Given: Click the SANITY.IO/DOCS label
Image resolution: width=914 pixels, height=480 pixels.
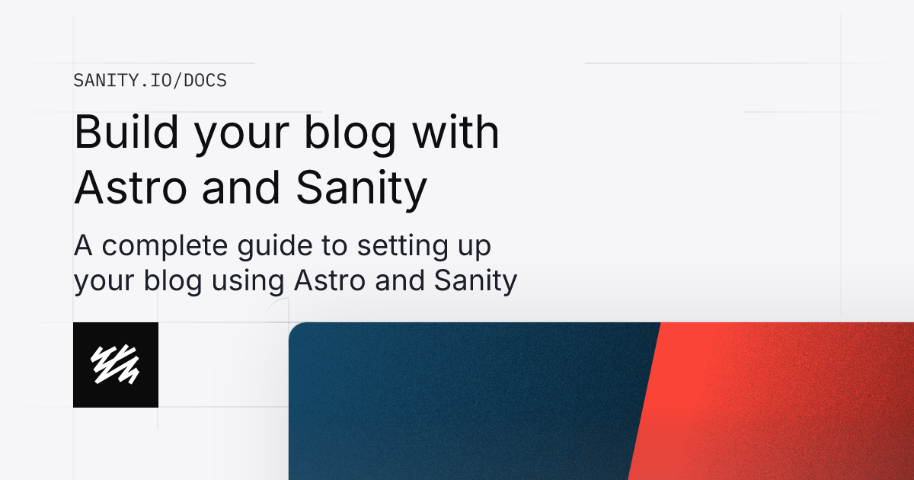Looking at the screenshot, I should pos(150,80).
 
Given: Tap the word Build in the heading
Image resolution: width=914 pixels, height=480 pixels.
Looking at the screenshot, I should pos(122,133).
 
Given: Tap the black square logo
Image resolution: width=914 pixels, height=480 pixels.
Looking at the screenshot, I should pos(116,365).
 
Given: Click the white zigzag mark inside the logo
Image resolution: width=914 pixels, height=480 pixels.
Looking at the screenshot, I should pos(115,364).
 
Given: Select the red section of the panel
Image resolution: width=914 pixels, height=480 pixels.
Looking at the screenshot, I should pos(777,404).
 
